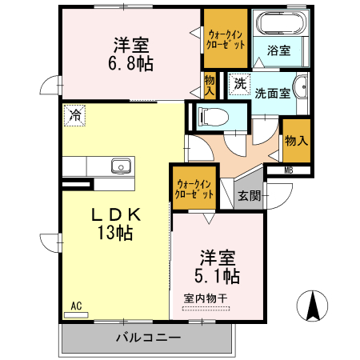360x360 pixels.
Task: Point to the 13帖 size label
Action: coord(115,234)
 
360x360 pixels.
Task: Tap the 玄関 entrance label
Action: coord(249,195)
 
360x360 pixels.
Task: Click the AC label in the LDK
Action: coord(76,306)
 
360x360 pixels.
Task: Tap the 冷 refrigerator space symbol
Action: coord(74,115)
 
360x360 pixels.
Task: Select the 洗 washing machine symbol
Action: coord(239,82)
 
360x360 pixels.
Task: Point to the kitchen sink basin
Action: coord(121,166)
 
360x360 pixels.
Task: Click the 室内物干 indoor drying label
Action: coord(206,298)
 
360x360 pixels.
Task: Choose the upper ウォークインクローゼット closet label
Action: coord(225,38)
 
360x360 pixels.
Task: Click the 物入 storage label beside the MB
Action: coord(296,141)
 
